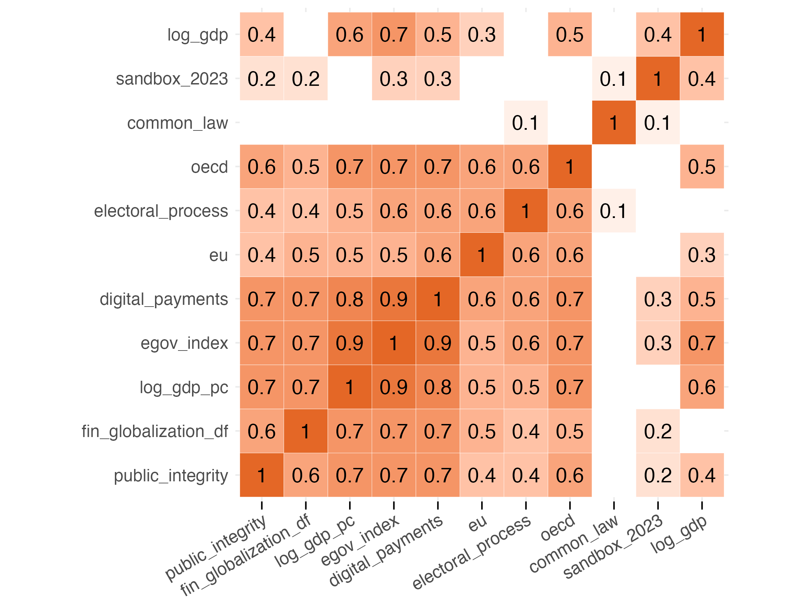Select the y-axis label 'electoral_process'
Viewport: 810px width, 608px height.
[x=161, y=211]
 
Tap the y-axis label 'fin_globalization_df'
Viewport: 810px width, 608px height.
[x=155, y=431]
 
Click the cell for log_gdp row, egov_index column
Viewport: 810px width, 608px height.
[x=394, y=34]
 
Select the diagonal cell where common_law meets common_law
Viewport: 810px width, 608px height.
[x=614, y=123]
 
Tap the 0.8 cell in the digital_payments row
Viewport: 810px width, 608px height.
[x=350, y=299]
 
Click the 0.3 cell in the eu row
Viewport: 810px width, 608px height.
[x=702, y=255]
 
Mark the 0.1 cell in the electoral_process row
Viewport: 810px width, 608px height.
[x=614, y=211]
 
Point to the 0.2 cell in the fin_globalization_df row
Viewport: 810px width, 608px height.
[x=658, y=431]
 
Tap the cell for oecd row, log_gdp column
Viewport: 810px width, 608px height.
[x=702, y=167]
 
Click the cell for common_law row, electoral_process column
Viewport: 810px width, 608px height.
[x=525, y=123]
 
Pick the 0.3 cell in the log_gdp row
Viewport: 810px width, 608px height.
[x=481, y=34]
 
